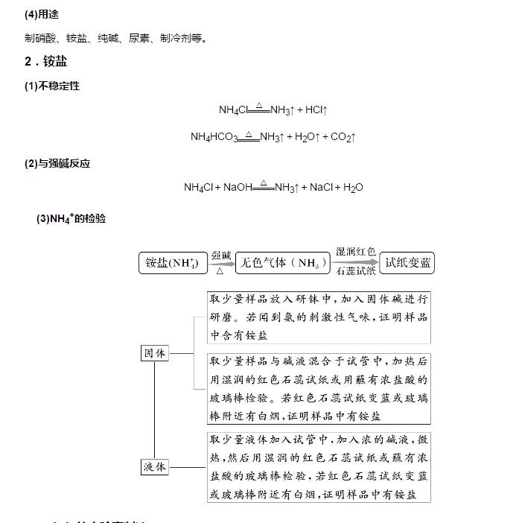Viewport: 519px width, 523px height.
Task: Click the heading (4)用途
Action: coord(42,14)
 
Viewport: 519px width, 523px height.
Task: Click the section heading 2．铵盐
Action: coord(46,62)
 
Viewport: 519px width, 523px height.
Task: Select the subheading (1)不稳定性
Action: coord(52,86)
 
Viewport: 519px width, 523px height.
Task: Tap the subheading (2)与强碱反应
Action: coord(57,163)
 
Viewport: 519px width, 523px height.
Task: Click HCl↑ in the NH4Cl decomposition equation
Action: coord(316,110)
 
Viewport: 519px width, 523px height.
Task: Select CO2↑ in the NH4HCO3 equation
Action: coord(343,137)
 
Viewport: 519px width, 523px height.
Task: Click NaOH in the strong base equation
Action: coord(238,188)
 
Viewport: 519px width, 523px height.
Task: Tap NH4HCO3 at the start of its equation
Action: coord(214,137)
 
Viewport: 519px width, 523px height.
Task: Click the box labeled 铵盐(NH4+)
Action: coord(172,263)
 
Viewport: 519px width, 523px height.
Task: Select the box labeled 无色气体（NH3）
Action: coord(282,263)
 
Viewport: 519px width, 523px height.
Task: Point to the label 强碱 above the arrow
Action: coord(221,255)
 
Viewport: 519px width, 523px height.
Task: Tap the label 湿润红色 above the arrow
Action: coord(355,253)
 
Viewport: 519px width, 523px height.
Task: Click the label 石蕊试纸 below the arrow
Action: coord(355,272)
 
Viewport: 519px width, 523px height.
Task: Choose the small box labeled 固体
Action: coord(155,353)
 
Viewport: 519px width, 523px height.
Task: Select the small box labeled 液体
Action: coord(155,467)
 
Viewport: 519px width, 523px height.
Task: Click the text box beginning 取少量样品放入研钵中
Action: coord(319,317)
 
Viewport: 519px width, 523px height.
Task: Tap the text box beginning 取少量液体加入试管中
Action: coord(319,466)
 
